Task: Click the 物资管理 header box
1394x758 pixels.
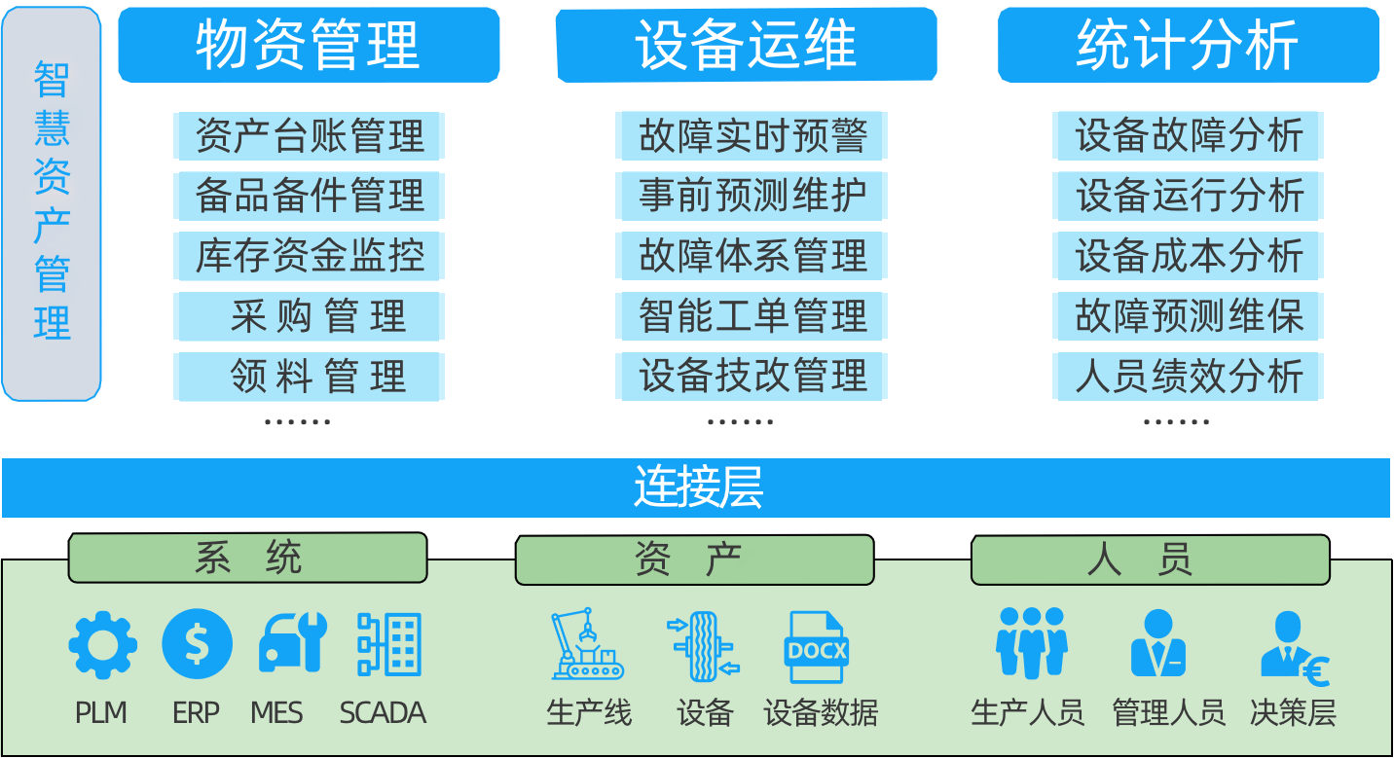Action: pos(309,45)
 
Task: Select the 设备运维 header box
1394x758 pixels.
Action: pos(746,45)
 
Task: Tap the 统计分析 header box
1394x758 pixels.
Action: pos(1188,45)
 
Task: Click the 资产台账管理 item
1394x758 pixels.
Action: pos(310,135)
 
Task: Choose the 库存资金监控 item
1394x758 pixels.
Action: pos(310,256)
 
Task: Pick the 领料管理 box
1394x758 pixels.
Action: pos(310,377)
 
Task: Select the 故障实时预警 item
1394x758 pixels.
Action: pos(752,135)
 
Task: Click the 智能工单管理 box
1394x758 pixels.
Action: pos(752,316)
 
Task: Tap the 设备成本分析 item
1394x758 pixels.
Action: pos(1188,256)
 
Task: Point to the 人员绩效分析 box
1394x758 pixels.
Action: pos(1188,377)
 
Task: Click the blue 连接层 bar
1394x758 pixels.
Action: pos(696,487)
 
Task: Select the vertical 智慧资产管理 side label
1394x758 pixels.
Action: pos(52,203)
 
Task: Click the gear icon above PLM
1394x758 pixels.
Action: pos(102,644)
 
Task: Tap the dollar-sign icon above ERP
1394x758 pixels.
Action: pos(197,644)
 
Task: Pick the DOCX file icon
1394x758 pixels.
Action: pos(816,647)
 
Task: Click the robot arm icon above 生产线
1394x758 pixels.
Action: pos(586,644)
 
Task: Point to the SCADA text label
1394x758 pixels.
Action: pos(383,713)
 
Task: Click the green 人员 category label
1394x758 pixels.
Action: pos(1150,560)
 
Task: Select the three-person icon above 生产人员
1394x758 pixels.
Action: pos(1031,642)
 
